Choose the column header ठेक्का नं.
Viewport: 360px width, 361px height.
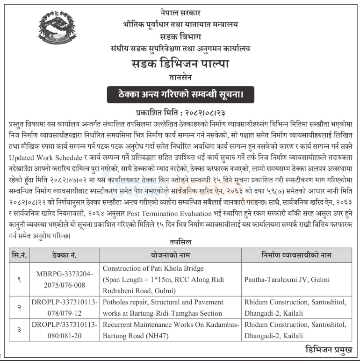(64, 255)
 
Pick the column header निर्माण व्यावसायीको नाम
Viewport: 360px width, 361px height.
(296, 255)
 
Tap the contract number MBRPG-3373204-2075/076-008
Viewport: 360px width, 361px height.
(64, 279)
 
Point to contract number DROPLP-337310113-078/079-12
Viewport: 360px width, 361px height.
(64, 308)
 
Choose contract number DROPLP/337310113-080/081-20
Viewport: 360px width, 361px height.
(64, 330)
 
